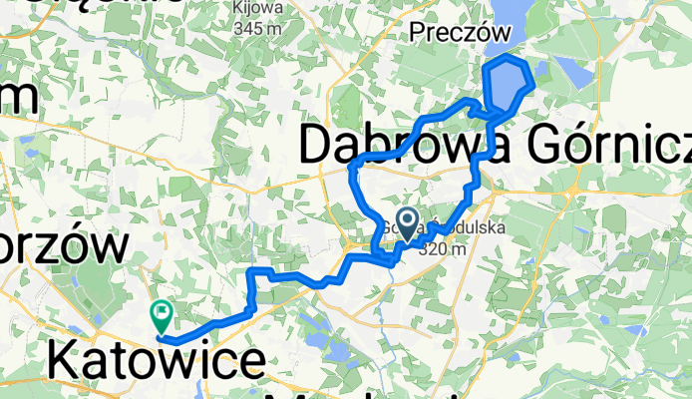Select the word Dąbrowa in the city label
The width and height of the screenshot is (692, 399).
pyautogui.click(x=384, y=147)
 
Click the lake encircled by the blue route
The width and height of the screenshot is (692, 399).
pyautogui.click(x=506, y=85)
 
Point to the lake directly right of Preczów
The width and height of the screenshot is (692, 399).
pyautogui.click(x=506, y=15)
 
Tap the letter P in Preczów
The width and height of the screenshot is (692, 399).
pyautogui.click(x=417, y=35)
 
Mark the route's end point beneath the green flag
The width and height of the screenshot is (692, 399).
pyautogui.click(x=160, y=337)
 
